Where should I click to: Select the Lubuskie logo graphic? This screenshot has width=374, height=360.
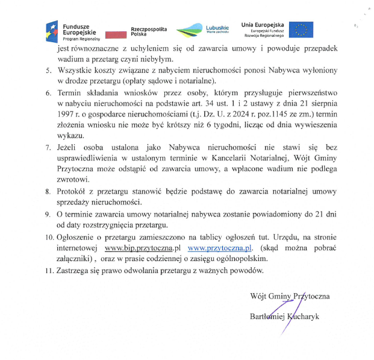click(x=190, y=30)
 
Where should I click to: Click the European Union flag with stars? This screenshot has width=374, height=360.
click(x=301, y=30)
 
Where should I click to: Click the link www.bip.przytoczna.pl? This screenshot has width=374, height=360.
click(x=143, y=248)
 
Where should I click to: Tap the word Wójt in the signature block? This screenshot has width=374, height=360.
click(x=258, y=296)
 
